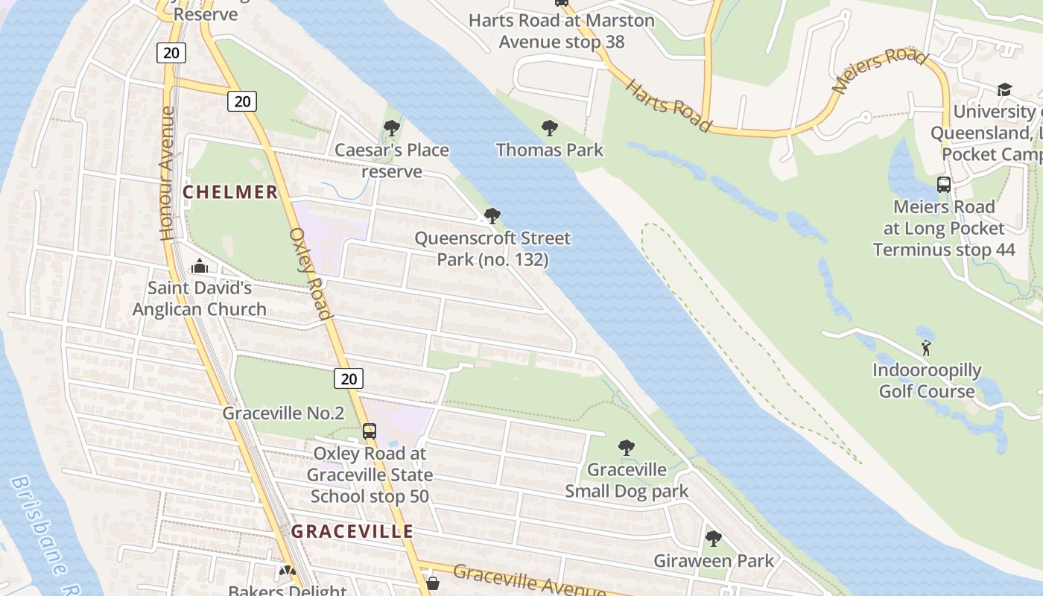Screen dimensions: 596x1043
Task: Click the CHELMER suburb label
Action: point(230,192)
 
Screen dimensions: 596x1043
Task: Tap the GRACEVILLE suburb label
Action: point(352,531)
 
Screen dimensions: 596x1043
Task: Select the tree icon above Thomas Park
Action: point(550,128)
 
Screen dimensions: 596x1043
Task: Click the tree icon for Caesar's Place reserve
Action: point(391,129)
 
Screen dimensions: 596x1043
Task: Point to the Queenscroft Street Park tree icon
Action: point(492,217)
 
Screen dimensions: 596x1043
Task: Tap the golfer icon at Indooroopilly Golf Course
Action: point(926,348)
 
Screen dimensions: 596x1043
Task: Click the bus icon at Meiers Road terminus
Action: point(943,185)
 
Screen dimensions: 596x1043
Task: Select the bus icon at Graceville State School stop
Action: point(369,431)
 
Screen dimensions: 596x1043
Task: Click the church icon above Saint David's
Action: point(199,266)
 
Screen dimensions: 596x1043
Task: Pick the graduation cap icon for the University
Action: point(1004,90)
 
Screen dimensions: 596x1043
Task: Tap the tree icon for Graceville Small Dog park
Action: point(627,448)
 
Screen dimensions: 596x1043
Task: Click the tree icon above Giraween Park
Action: point(713,539)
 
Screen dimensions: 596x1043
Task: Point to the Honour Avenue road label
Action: point(168,173)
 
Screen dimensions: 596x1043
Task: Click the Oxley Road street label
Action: point(310,273)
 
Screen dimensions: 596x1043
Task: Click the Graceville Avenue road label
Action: point(529,580)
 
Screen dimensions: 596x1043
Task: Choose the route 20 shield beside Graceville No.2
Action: point(349,378)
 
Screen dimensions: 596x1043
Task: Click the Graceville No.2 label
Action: point(283,413)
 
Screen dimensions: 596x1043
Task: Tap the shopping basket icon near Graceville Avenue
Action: point(432,583)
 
